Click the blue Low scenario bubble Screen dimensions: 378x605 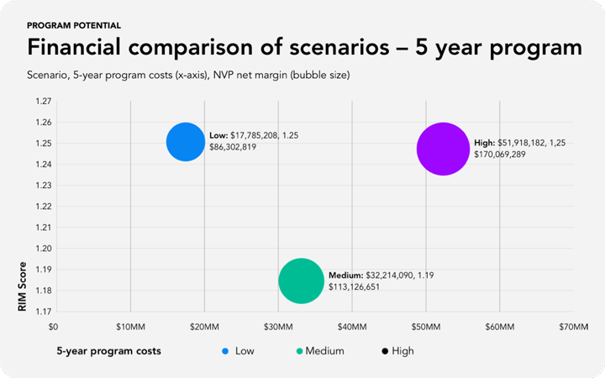coord(185,142)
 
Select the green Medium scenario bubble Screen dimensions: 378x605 coord(301,281)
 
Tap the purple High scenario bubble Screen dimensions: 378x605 coord(443,149)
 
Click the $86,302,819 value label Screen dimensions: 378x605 coord(233,148)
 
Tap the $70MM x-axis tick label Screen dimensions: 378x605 coord(573,326)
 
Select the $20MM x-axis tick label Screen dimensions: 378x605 coord(203,326)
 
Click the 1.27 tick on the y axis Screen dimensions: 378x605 coord(42,102)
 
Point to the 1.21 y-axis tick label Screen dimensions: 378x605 coord(42,228)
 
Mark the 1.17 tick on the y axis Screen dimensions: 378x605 coord(42,312)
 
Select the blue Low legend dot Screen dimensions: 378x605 coord(224,351)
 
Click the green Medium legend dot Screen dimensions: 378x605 coord(300,351)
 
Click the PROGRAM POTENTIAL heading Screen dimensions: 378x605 coord(74,26)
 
